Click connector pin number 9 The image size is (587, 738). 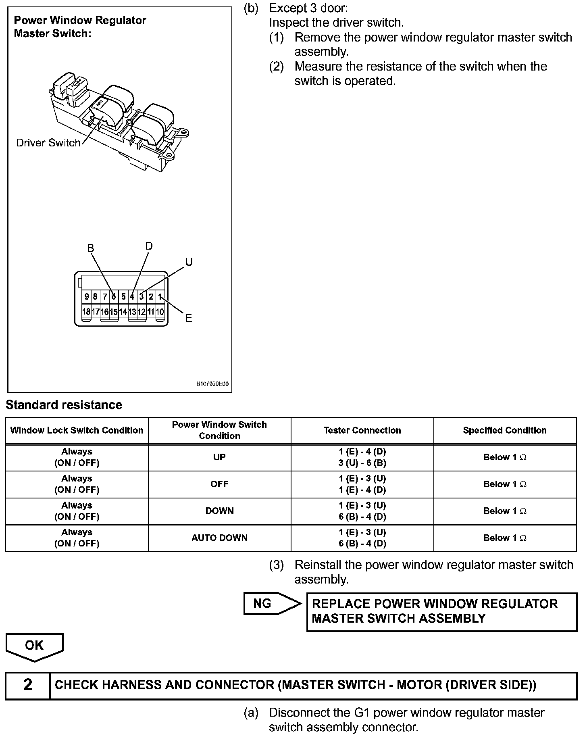pos(86,297)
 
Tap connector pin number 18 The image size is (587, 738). pos(86,312)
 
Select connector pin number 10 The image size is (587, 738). pos(160,312)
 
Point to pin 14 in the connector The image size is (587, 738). pos(123,312)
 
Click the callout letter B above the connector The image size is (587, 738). pos(91,248)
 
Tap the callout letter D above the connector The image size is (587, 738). pos(149,246)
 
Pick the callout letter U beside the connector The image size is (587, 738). pos(189,262)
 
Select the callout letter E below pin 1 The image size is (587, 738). pos(188,318)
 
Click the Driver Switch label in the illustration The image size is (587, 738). pos(48,143)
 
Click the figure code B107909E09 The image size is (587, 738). pos(212,384)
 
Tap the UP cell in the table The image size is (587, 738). pos(219,457)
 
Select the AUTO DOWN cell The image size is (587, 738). pos(219,538)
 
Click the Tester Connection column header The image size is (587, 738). pos(362,430)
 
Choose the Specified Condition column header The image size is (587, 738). pos(505,430)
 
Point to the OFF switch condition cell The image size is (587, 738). pos(219,484)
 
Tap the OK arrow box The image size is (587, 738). pos(34,646)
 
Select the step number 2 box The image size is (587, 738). pos(27,685)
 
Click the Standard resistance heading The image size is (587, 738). pos(64,405)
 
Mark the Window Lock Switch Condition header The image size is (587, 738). pos(77,430)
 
